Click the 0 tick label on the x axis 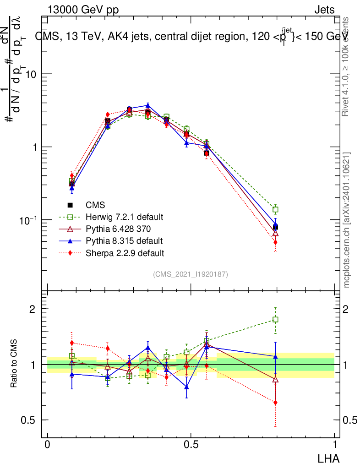point(48,444)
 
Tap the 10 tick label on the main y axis point(31,74)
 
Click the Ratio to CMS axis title point(15,364)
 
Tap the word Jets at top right point(324,10)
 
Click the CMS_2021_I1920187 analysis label point(191,274)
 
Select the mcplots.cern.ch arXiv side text point(347,220)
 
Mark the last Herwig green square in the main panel point(275,210)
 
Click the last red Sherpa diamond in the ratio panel point(275,403)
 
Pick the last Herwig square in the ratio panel point(275,320)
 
